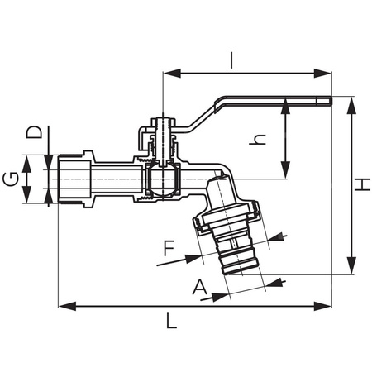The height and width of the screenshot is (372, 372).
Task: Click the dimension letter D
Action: coord(33,132)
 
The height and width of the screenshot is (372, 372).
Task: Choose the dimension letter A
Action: coord(199,287)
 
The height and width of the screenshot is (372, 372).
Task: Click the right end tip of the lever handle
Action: coord(328,102)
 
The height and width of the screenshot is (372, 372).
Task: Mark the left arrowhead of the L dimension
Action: coord(61,306)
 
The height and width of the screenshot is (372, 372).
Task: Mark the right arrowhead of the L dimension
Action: coord(328,306)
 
